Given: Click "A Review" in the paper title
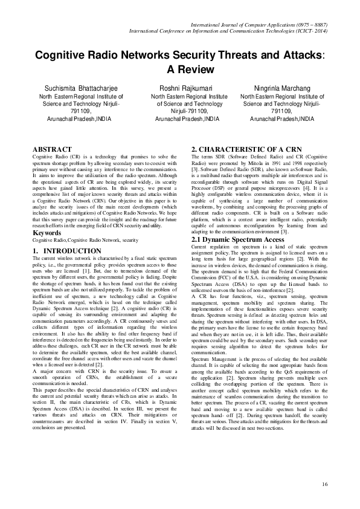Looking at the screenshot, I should click(x=180, y=70).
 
